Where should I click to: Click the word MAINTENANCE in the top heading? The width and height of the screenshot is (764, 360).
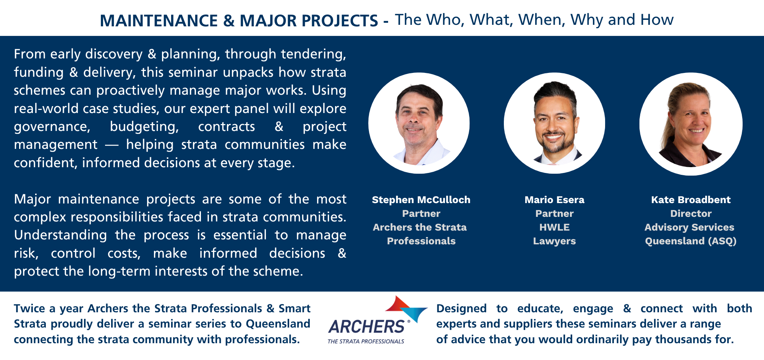pos(159,21)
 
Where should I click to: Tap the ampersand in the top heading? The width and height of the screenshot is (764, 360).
pos(229,21)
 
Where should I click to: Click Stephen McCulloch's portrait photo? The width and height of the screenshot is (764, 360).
pos(419,123)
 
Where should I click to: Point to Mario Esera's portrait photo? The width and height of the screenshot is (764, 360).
pos(554,123)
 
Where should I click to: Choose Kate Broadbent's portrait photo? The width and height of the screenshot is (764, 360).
pos(691,124)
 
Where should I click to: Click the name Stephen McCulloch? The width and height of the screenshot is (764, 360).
pos(421,200)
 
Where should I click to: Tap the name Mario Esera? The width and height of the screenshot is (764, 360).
pos(554,200)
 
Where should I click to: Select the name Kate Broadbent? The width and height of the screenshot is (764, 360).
pos(691,200)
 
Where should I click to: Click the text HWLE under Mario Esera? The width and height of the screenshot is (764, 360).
pos(554,227)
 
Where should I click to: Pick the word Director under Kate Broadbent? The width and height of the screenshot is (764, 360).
pos(691,213)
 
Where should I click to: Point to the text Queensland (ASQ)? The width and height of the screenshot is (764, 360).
pos(691,241)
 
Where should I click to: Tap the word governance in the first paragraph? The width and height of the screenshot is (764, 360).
pos(52,127)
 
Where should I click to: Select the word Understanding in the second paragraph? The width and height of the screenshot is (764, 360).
pos(60,235)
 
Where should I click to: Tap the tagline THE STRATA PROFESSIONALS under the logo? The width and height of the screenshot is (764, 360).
pos(366,341)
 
